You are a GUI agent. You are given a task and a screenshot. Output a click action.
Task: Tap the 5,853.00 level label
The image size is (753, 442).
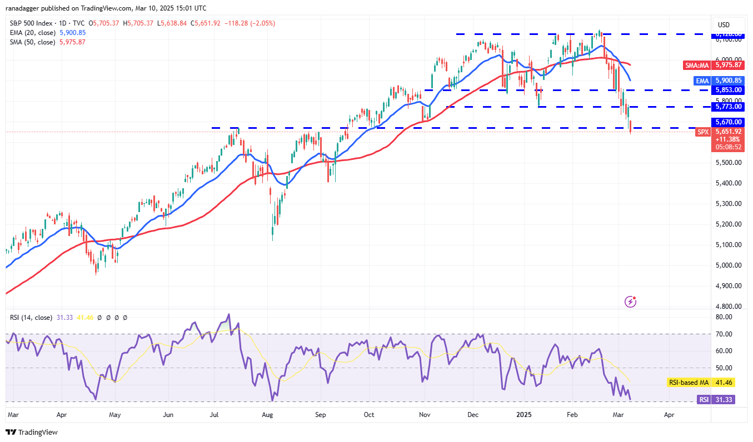point(727,90)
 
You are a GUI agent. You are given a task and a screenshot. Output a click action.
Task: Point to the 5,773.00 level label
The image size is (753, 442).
point(727,106)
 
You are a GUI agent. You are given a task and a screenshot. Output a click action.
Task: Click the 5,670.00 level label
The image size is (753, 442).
point(727,122)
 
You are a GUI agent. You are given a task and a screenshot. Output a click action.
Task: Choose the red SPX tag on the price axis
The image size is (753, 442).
point(703,132)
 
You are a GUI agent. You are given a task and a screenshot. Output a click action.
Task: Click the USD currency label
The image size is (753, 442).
point(724,25)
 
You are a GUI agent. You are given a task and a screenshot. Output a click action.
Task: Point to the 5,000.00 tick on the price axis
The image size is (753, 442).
point(727,265)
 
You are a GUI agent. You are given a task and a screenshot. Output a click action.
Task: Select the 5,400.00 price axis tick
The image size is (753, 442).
point(727,183)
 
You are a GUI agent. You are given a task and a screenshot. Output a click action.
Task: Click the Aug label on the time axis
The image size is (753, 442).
point(267,414)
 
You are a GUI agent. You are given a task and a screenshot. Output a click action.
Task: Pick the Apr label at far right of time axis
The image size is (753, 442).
point(669,414)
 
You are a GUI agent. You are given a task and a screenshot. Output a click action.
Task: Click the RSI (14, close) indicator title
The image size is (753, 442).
point(31,318)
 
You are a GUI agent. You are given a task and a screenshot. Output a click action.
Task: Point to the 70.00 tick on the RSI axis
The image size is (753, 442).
point(723,334)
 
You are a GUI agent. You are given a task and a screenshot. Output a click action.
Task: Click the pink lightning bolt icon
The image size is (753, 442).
point(631,302)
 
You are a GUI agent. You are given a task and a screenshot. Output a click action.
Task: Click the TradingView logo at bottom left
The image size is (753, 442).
point(32,432)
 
